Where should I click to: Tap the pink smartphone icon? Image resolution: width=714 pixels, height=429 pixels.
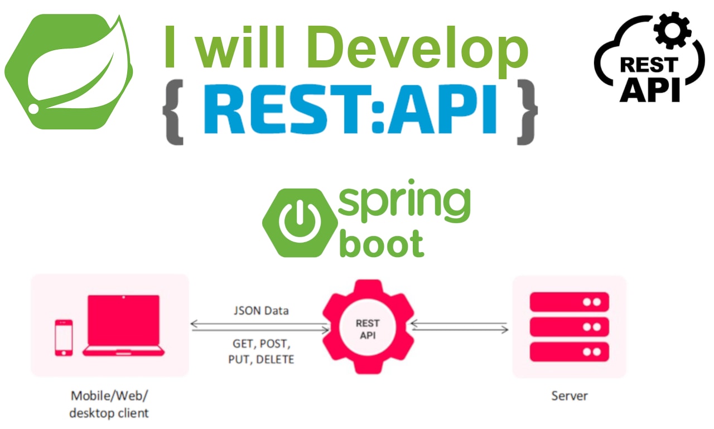coord(64,337)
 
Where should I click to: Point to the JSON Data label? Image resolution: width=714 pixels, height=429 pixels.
coord(261,311)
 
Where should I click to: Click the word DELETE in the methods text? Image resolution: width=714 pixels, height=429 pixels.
coord(275,359)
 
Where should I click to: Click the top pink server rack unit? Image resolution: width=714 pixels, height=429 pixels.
coord(569,302)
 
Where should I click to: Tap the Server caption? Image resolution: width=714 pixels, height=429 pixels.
coord(570,396)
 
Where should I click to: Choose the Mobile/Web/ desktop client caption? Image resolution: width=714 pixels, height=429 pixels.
coord(109,404)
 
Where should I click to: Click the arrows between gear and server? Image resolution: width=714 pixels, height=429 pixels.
coord(460,327)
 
